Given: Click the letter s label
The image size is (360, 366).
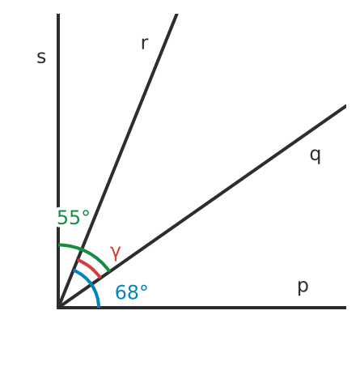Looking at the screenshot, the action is tap(41, 57).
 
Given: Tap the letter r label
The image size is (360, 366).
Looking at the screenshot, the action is tap(145, 43).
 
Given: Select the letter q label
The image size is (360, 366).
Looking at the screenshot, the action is tap(316, 155).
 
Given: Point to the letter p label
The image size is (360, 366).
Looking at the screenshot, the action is tap(303, 287).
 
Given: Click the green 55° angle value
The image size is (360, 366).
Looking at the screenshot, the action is tap(73, 218).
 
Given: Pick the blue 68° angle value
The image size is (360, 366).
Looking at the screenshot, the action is tap(131, 292).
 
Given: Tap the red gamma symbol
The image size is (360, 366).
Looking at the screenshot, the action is tap(116, 253).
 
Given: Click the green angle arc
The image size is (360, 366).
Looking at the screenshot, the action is tap(87, 252).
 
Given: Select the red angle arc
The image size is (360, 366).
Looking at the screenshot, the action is tap(90, 267).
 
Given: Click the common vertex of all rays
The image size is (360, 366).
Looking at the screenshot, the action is tap(58, 308).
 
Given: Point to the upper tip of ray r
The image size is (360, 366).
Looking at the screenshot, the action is tap(176, 14).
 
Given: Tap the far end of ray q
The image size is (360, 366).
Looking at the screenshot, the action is tap(345, 106).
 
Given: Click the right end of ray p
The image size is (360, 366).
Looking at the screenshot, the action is tap(345, 308).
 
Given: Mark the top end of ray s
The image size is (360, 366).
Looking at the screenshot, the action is tap(58, 14).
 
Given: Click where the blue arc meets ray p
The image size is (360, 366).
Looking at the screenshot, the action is tap(99, 307).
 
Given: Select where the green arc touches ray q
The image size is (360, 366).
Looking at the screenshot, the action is tap(109, 270).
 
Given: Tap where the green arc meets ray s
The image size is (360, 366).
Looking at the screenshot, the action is tap(58, 245).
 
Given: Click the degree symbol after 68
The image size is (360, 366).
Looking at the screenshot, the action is tap(144, 288).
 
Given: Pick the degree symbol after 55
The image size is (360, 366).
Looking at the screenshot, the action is tap(86, 214).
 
